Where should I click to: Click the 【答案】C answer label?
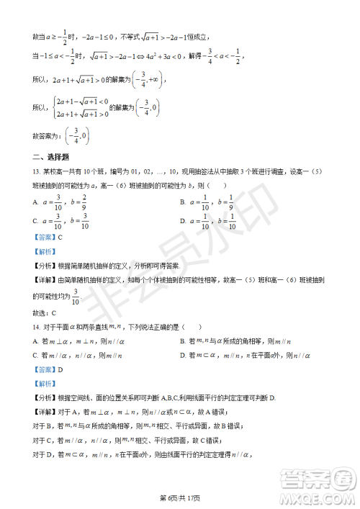(48, 238)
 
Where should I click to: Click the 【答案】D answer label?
(48, 369)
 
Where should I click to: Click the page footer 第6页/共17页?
(180, 497)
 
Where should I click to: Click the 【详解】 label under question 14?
(45, 411)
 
